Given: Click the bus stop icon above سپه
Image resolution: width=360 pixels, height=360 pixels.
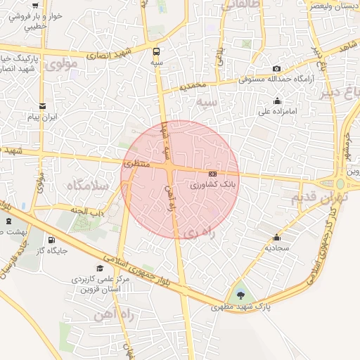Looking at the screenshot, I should tap(157, 51).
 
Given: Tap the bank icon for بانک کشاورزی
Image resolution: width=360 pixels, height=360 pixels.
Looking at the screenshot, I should tap(212, 173).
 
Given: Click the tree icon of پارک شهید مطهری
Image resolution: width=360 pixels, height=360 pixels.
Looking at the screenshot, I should tap(241, 295).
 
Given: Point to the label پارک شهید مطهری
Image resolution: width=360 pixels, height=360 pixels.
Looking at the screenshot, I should tap(242, 307).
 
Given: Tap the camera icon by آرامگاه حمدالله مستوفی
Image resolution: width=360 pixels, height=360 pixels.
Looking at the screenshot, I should tap(276, 69).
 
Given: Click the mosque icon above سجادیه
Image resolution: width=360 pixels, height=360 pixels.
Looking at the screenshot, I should tap(276, 237).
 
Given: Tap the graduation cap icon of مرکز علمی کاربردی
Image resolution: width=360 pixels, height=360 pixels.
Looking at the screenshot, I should tap(100, 268).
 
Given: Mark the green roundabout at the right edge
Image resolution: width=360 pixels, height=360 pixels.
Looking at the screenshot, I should tap(340, 184).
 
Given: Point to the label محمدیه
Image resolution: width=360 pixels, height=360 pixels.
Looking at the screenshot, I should tap(193, 86).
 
